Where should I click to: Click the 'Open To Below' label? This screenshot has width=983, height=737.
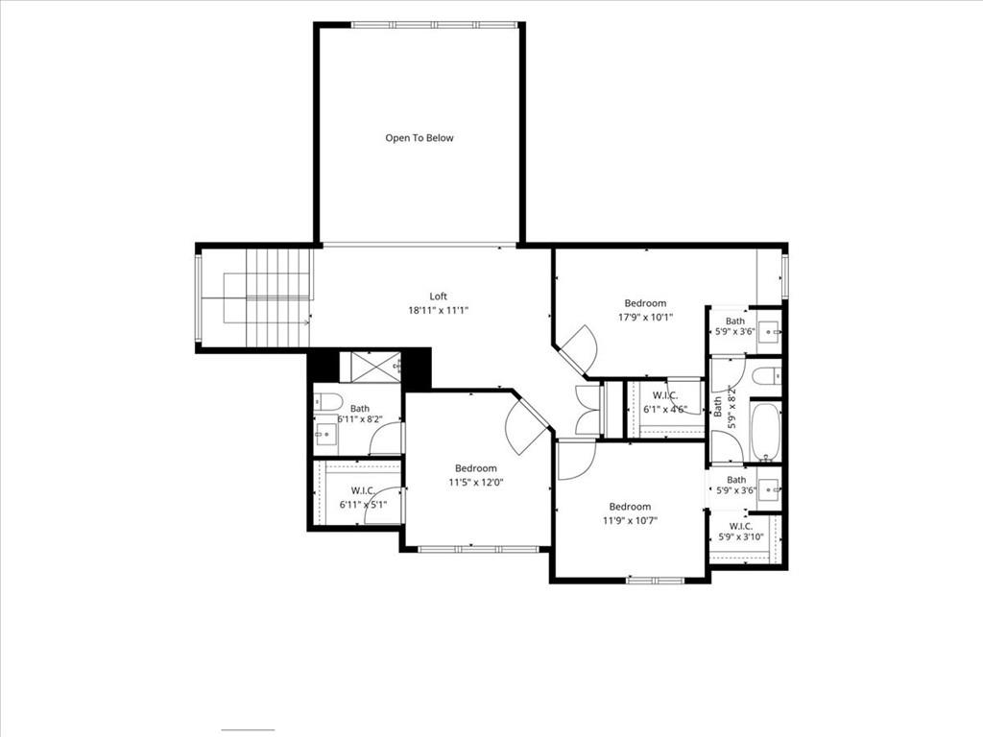point(419,138)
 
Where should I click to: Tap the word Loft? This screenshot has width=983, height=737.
point(438,297)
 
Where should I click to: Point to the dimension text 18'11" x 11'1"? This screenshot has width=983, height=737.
point(438,310)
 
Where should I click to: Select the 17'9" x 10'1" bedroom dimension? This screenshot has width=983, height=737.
point(646,317)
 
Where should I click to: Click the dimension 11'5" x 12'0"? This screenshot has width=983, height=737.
point(476,483)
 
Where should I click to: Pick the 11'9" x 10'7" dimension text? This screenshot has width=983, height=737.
point(630,520)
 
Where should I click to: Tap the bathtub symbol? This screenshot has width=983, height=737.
point(765,431)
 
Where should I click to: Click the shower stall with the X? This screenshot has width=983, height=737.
point(375,367)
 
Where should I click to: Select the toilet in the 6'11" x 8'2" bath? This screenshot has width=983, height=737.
point(327,400)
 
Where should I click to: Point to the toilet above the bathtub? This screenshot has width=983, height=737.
point(766,376)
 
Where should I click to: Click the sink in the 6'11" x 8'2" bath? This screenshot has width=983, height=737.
point(326,432)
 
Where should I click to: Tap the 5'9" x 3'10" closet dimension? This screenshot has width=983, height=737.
point(740,537)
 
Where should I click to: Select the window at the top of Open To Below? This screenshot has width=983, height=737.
point(435,25)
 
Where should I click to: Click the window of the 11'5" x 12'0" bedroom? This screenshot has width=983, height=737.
point(478,550)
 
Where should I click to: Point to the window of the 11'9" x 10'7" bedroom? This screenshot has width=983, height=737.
point(656,581)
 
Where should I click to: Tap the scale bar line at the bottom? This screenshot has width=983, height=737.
point(248,730)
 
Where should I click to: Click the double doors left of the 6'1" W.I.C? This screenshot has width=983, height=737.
point(587,411)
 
